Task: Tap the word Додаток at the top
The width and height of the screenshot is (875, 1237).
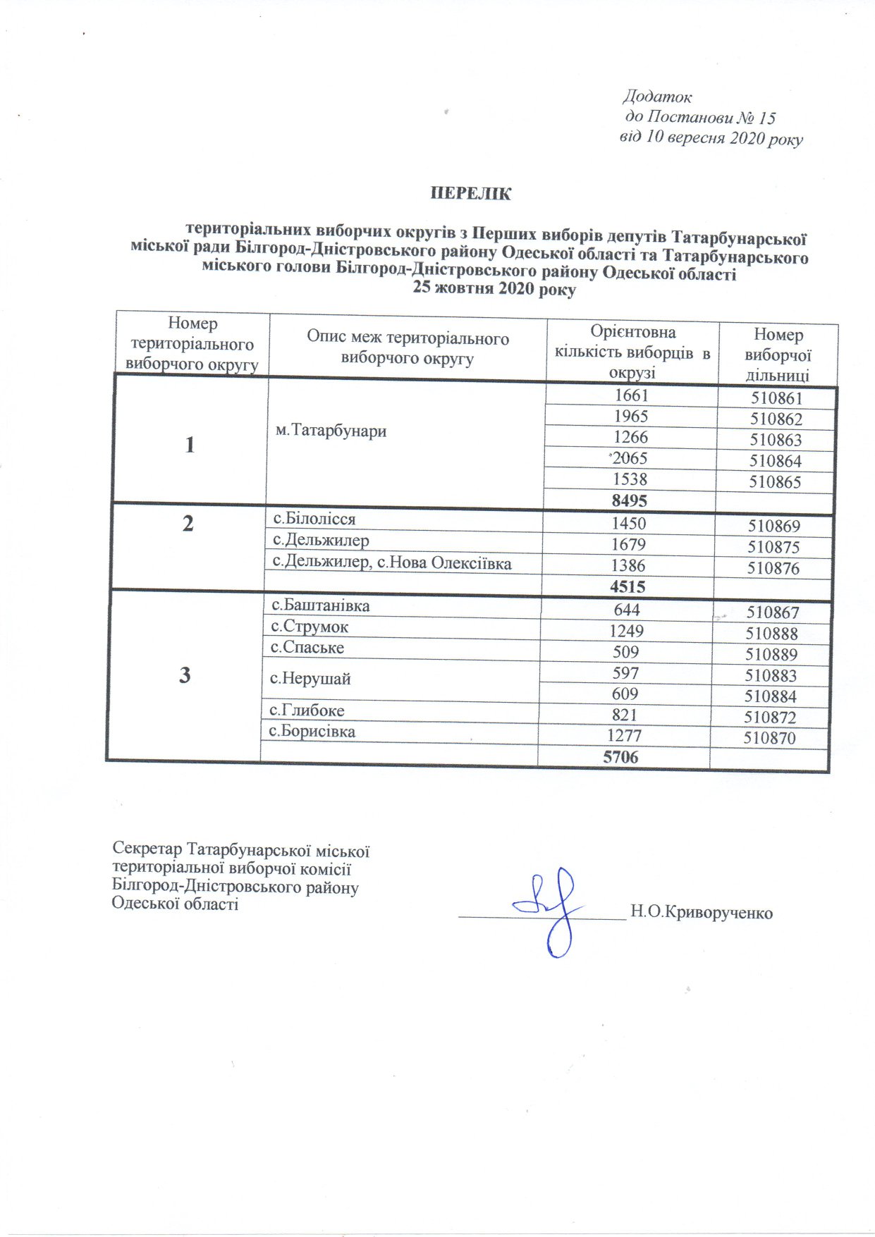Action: point(657,97)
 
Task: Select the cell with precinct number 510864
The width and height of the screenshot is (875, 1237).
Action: point(776,462)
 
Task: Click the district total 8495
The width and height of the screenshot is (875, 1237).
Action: point(630,500)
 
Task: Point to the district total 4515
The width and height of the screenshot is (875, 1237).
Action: point(628,586)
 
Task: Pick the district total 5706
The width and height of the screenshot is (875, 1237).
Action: point(621,757)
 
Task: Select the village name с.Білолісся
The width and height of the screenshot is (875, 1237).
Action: point(314,519)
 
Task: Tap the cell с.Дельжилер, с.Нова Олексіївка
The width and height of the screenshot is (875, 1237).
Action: point(392,563)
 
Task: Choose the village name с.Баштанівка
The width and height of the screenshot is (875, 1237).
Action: point(321,605)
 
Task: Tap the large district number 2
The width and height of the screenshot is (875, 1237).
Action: point(188,524)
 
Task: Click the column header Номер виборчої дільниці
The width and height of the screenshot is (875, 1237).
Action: point(778,355)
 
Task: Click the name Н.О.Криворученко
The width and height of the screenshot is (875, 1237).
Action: point(702,913)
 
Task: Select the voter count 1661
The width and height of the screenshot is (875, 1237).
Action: point(631,396)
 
